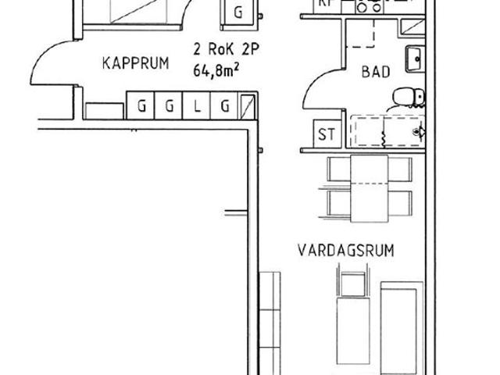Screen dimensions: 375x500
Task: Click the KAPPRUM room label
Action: tap(135, 65)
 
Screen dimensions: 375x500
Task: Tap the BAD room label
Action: tap(374, 71)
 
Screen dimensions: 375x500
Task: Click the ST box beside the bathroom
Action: tap(326, 134)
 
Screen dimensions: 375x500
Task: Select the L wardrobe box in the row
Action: tap(198, 106)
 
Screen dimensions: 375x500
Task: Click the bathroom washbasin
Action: tap(414, 58)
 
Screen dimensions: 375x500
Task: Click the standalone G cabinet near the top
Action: tap(238, 12)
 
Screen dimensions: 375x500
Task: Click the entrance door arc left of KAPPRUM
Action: tap(45, 62)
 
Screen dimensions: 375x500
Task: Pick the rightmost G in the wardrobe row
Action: tap(225, 106)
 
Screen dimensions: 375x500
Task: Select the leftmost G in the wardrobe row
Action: tap(141, 106)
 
